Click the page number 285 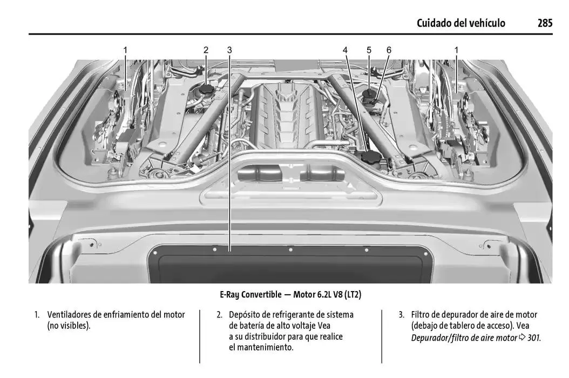click(544, 23)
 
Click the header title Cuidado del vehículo click(461, 23)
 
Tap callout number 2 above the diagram click(206, 50)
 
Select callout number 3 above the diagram click(229, 50)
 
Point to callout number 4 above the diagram click(346, 50)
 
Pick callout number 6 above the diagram click(389, 50)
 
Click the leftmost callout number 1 click(125, 50)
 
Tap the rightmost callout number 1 click(456, 50)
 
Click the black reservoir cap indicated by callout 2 click(206, 89)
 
